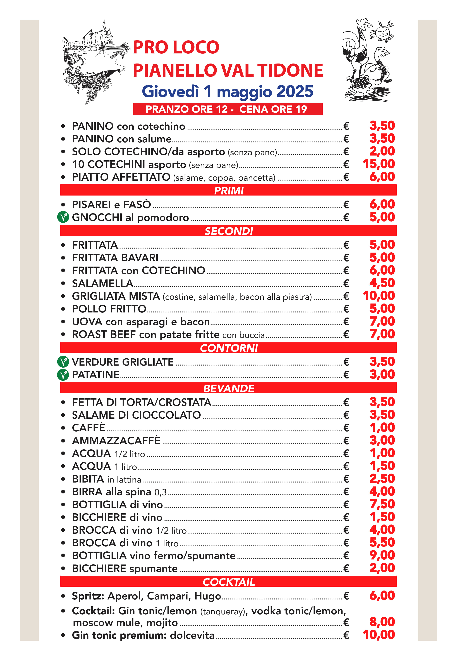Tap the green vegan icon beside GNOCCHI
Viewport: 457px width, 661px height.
pyautogui.click(x=63, y=217)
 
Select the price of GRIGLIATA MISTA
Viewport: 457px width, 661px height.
pyautogui.click(x=379, y=296)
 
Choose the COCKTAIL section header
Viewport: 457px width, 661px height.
pyautogui.click(x=229, y=582)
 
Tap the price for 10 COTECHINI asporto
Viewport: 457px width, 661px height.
pyautogui.click(x=379, y=164)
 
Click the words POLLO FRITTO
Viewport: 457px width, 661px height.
pyautogui.click(x=109, y=309)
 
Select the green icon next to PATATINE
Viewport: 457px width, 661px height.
pyautogui.click(x=63, y=375)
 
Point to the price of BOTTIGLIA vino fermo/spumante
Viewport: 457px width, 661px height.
pyautogui.click(x=382, y=555)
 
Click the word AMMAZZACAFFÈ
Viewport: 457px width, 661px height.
pyautogui.click(x=116, y=441)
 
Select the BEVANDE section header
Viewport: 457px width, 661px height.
pyautogui.click(x=229, y=388)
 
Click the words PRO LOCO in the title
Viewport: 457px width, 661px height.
pyautogui.click(x=176, y=47)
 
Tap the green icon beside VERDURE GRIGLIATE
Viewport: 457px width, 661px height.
pyautogui.click(x=63, y=362)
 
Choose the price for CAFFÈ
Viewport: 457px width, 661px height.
pyautogui.click(x=382, y=427)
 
